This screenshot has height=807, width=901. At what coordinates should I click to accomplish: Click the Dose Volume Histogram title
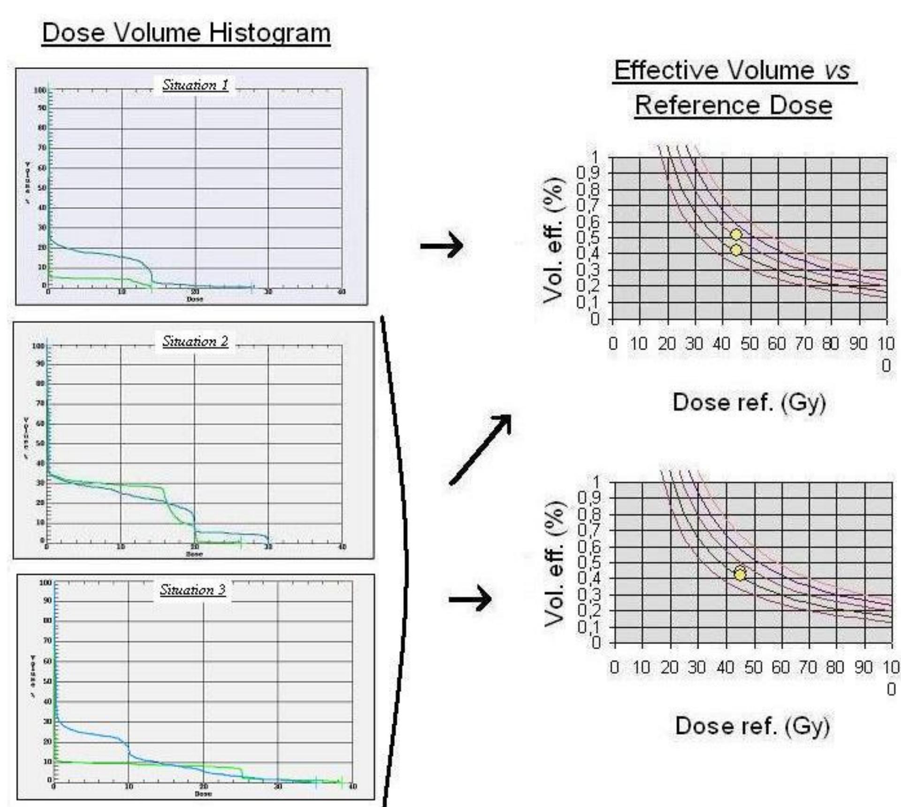[186, 33]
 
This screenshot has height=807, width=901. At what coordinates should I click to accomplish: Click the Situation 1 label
[195, 85]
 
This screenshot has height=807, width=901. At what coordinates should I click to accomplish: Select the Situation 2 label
[195, 341]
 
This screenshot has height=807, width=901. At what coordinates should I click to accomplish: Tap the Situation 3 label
[192, 589]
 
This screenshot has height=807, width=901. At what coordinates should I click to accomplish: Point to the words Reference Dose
[733, 105]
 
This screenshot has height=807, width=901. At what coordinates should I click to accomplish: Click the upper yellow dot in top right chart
[736, 234]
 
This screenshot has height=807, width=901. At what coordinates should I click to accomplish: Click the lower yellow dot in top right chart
[736, 250]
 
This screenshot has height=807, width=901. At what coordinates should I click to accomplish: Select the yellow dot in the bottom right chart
[740, 574]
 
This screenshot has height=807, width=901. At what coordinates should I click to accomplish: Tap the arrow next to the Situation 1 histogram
[441, 245]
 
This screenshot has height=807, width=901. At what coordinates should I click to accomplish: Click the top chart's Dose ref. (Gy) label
[749, 403]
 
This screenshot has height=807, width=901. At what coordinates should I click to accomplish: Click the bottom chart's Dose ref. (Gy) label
[752, 726]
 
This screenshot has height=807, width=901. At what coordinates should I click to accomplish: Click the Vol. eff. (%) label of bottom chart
[554, 563]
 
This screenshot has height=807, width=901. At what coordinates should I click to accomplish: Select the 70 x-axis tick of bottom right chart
[808, 667]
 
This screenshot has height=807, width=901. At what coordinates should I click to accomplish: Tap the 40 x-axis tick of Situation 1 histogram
[342, 292]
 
